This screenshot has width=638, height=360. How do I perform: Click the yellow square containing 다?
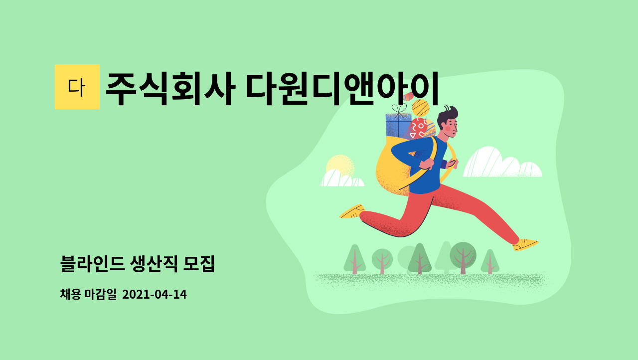click(x=77, y=87)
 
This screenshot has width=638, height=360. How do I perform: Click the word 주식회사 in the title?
click(x=170, y=89)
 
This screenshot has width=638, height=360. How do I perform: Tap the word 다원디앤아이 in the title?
click(x=342, y=89)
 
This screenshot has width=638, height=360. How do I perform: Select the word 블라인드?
click(x=93, y=264)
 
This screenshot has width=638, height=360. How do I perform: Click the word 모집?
click(x=199, y=264)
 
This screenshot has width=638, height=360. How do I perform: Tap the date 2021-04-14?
click(x=155, y=295)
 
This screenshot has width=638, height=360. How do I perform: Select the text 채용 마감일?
click(x=88, y=294)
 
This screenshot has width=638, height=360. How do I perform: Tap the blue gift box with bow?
click(x=398, y=125)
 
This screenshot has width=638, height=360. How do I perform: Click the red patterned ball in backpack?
click(x=418, y=129)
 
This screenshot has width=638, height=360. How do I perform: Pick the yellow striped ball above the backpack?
click(x=420, y=108)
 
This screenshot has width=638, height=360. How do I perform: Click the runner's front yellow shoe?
click(x=525, y=245)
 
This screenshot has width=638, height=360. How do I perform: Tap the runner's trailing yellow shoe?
click(x=352, y=211)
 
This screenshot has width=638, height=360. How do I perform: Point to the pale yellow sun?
click(x=340, y=166)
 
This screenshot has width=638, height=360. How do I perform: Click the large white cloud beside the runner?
click(x=502, y=164)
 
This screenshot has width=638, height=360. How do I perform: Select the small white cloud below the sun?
click(x=342, y=179)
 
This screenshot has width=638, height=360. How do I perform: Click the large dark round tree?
click(x=463, y=256)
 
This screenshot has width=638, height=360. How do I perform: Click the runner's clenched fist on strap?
click(x=426, y=164)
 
